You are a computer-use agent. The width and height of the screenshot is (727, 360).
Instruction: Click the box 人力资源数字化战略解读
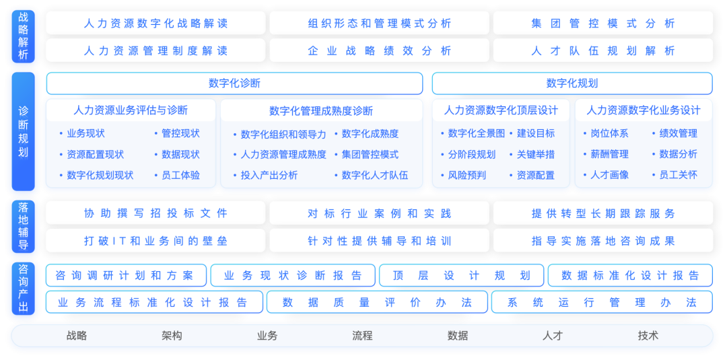pyautogui.click(x=155, y=23)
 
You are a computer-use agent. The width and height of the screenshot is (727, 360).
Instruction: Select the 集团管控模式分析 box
pyautogui.click(x=602, y=23)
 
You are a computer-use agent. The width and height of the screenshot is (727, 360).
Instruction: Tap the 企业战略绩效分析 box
pyautogui.click(x=379, y=50)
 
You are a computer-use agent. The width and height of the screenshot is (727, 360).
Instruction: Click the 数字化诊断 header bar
pyautogui.click(x=234, y=83)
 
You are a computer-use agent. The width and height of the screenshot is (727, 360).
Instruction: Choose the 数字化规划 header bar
pyautogui.click(x=572, y=83)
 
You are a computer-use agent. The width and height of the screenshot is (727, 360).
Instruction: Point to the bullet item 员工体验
pyautogui.click(x=180, y=175)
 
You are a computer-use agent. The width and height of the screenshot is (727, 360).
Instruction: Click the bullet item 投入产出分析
pyautogui.click(x=269, y=175)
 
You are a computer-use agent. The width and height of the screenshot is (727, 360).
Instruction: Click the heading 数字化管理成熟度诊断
pyautogui.click(x=321, y=111)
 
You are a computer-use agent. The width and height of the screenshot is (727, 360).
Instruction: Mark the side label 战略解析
pyautogui.click(x=23, y=37)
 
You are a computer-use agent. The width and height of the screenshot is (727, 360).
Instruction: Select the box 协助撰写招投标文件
pyautogui.click(x=155, y=213)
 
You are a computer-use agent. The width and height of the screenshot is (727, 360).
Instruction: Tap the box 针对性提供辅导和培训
pyautogui.click(x=379, y=241)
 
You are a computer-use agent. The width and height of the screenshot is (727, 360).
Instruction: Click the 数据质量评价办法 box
pyautogui.click(x=377, y=303)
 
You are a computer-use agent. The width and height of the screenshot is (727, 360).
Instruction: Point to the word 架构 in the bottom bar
pyautogui.click(x=172, y=335)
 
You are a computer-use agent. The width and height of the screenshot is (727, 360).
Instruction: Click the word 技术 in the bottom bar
pyautogui.click(x=648, y=335)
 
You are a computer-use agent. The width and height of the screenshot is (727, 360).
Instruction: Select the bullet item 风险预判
pyautogui.click(x=466, y=175)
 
